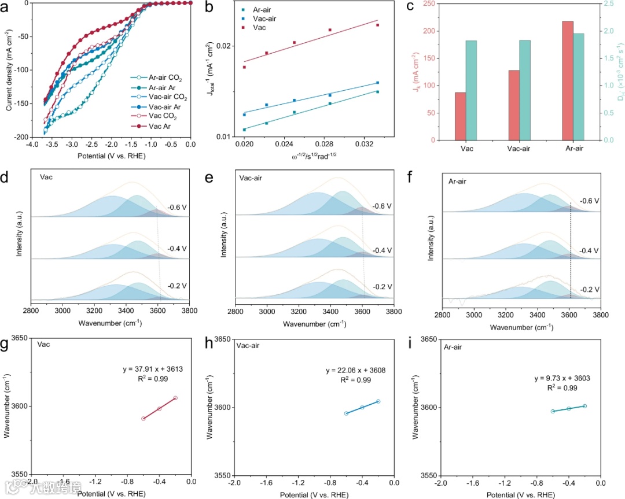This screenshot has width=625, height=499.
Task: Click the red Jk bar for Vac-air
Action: pyautogui.click(x=514, y=105)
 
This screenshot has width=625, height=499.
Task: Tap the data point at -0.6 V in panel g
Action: pyautogui.click(x=143, y=418)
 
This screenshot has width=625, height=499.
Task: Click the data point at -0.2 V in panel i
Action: pyautogui.click(x=584, y=406)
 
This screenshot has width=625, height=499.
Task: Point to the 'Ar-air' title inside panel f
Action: pyautogui.click(x=458, y=182)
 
